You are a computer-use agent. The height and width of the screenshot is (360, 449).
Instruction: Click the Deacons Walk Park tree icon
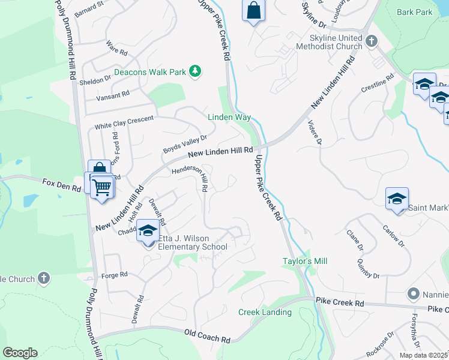(194, 71)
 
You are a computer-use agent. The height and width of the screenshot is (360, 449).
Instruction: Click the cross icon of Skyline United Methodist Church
(372, 41)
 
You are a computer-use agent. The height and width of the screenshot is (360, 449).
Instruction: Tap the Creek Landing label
(265, 312)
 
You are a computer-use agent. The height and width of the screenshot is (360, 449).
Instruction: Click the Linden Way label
(229, 118)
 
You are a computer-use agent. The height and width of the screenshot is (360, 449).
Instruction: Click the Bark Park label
(414, 12)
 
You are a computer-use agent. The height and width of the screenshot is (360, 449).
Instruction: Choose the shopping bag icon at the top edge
(253, 11)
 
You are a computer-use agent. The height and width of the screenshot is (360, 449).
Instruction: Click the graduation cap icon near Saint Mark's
(397, 199)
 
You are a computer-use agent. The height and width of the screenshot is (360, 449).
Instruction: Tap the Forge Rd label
(115, 274)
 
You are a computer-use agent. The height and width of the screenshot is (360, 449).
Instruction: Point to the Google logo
(20, 353)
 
